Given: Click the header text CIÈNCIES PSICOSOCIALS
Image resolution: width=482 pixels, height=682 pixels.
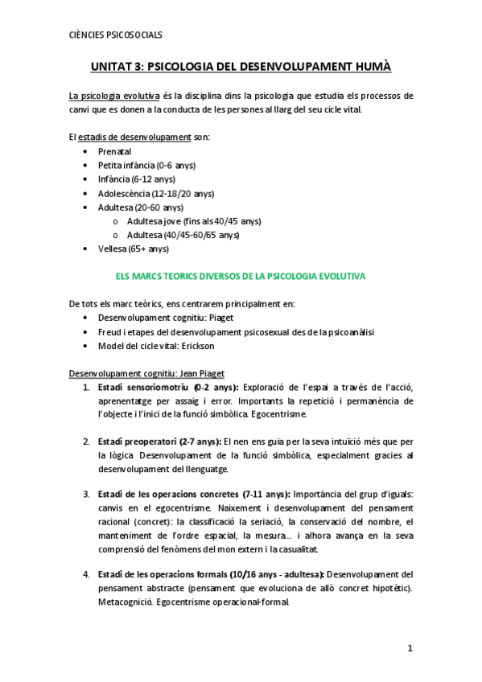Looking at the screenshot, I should click(116, 35).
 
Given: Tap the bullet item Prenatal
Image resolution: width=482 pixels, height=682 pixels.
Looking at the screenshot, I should click(114, 151).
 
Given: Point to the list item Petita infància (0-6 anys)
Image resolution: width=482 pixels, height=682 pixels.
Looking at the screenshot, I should click(146, 165).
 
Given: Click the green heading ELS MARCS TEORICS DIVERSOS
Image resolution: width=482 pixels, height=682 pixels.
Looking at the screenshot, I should click(241, 276).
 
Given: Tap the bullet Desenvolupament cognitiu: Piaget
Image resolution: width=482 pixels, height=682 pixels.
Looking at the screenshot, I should click(167, 318).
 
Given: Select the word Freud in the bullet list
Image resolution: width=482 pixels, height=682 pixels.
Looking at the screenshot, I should click(109, 332).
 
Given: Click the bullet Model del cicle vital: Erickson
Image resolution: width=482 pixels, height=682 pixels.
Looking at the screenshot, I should click(162, 346).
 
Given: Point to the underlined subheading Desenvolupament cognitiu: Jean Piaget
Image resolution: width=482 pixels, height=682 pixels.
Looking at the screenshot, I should click(152, 373).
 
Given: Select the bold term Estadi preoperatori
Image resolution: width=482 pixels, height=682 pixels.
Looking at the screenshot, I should click(135, 442).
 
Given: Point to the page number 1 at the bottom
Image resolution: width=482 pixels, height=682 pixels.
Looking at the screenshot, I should click(410, 648).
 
